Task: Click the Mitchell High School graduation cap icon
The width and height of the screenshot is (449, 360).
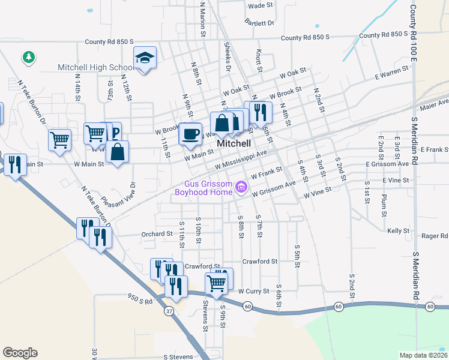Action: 144,58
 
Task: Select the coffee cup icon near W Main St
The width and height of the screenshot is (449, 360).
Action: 191,134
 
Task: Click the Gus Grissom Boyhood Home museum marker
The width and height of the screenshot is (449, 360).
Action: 242,187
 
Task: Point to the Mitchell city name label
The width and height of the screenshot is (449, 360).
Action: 234,144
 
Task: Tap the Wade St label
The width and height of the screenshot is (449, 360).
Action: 261,6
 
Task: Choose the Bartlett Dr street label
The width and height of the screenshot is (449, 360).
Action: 259,23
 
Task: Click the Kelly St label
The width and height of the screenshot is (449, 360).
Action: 398,231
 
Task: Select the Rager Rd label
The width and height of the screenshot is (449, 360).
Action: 435,236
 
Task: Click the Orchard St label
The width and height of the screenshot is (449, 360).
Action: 157,234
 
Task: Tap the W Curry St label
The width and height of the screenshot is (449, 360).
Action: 253,291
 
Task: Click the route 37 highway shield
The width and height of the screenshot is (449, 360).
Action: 169,311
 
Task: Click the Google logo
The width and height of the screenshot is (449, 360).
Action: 20,353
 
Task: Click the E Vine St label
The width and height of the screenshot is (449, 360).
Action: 396,180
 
